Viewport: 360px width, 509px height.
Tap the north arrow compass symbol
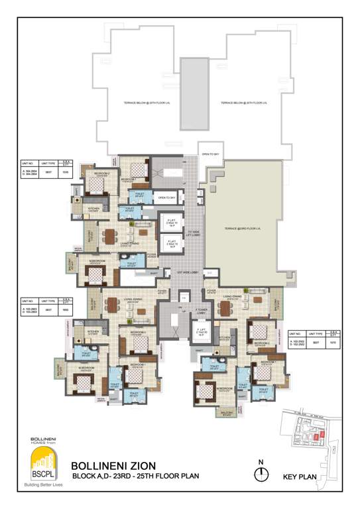pyautogui.click(x=263, y=473)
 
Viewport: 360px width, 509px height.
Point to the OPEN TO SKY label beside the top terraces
pyautogui.click(x=211, y=154)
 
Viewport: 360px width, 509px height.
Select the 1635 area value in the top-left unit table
pyautogui.click(x=65, y=170)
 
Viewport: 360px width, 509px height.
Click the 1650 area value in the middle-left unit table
pyautogui.click(x=65, y=310)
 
